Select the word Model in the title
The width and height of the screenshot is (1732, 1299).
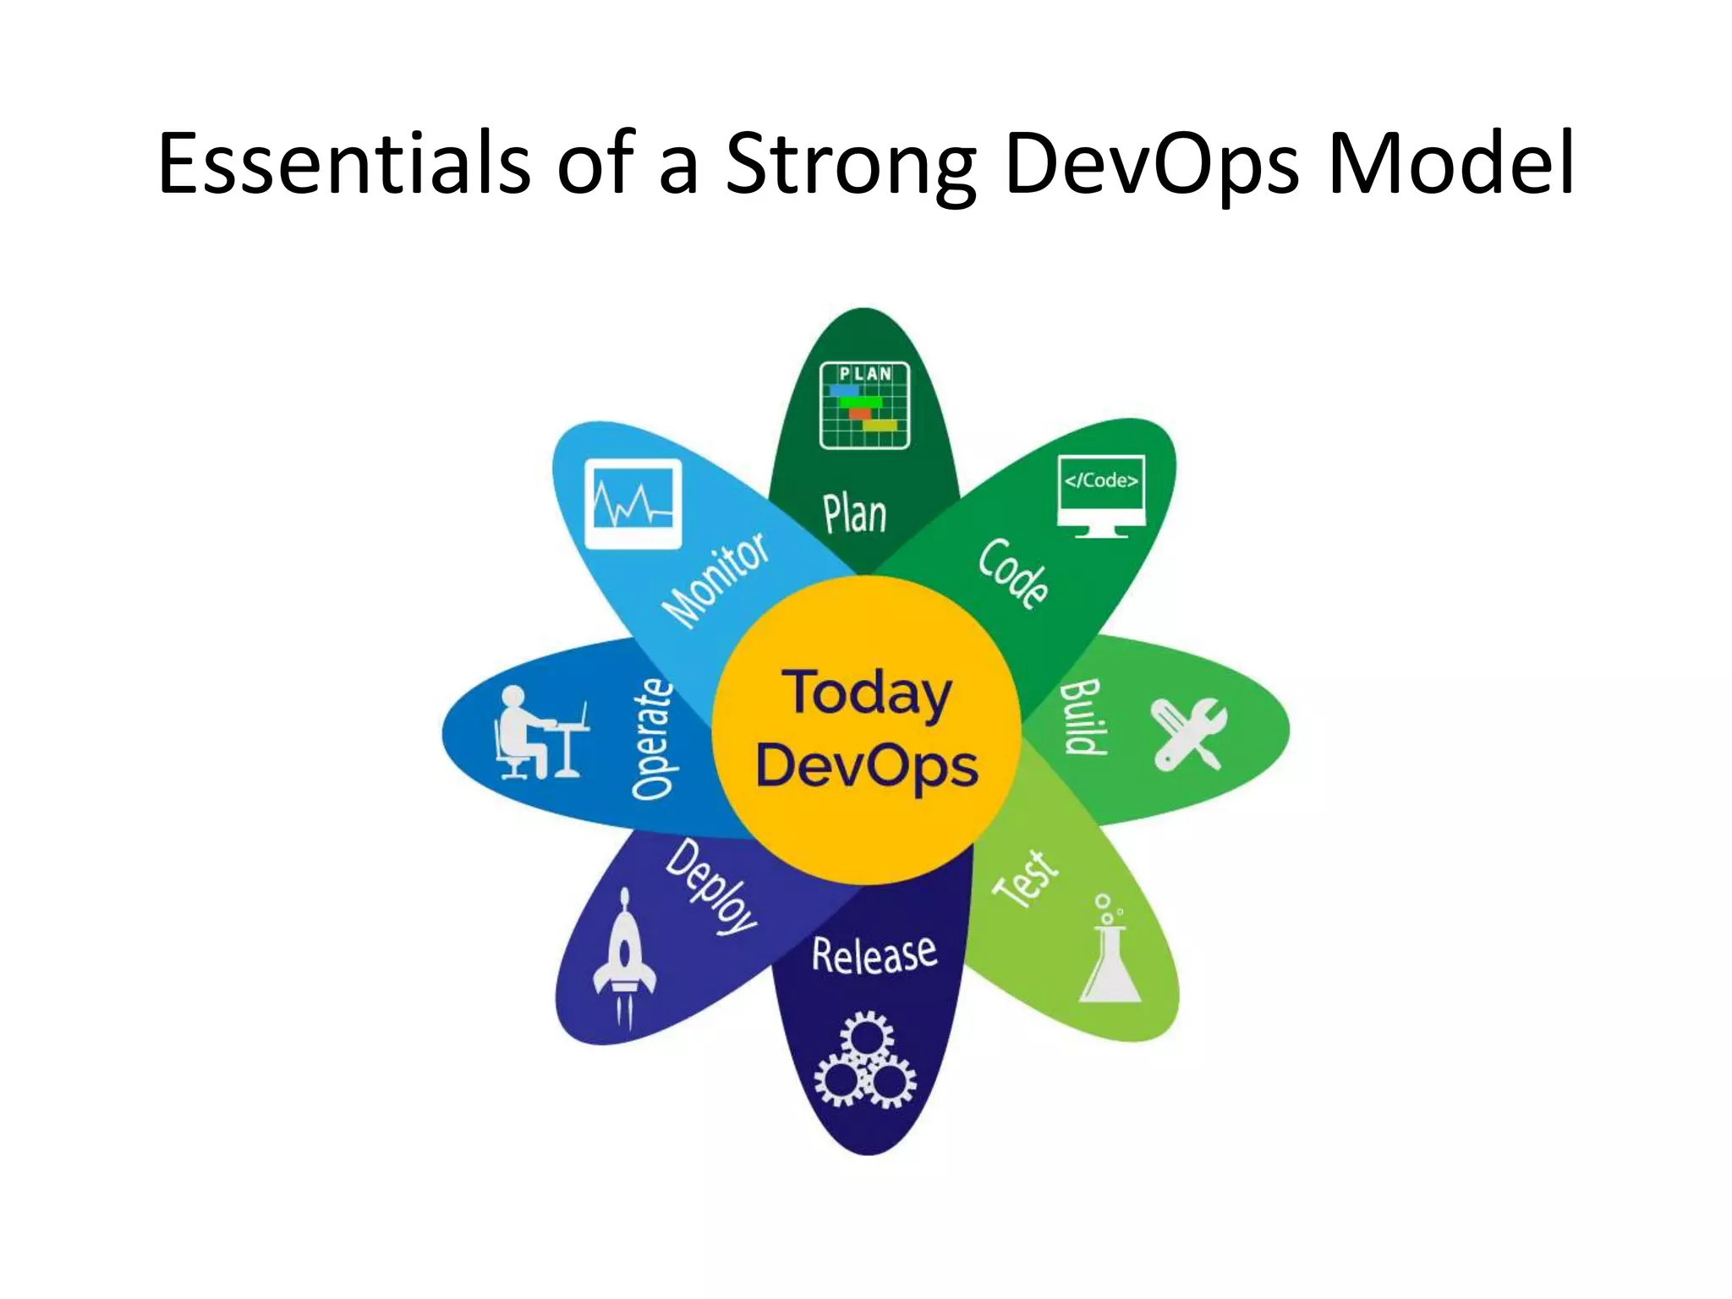pyautogui.click(x=1450, y=163)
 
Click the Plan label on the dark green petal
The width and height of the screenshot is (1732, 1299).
pyautogui.click(x=855, y=514)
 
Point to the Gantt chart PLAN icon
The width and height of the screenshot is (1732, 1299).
pyautogui.click(x=864, y=405)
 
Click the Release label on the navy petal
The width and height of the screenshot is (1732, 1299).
pyautogui.click(x=874, y=955)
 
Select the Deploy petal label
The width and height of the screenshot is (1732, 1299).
pyautogui.click(x=711, y=886)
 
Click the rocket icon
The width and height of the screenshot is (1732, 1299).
pyautogui.click(x=624, y=956)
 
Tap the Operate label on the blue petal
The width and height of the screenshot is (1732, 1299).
pyautogui.click(x=653, y=738)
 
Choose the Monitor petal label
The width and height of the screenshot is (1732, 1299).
pyautogui.click(x=715, y=580)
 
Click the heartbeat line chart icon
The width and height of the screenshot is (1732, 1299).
pyautogui.click(x=633, y=504)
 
